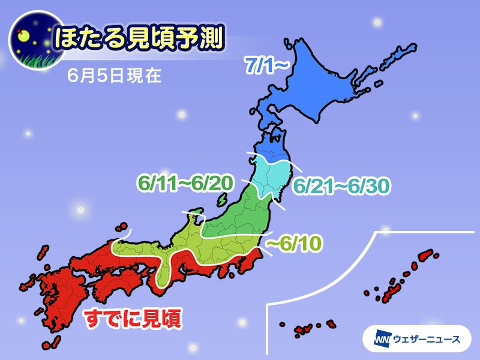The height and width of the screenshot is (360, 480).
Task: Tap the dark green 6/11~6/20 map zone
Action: [x=240, y=216]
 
